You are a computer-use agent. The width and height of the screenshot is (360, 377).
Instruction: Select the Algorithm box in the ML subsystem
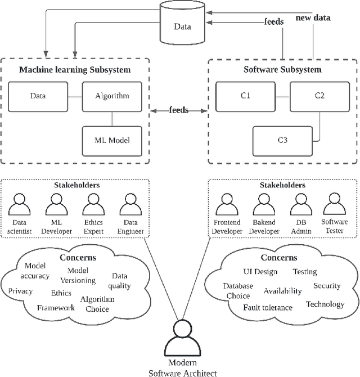coord(112,96)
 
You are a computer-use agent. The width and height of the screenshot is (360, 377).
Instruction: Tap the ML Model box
coord(112,139)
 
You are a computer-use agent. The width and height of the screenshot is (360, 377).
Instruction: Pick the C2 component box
coord(319,96)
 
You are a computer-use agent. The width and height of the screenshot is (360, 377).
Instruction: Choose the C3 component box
coord(281,139)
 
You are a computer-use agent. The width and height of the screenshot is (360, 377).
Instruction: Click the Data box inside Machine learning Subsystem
coord(38,96)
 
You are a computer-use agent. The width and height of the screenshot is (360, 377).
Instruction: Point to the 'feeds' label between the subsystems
coord(178,110)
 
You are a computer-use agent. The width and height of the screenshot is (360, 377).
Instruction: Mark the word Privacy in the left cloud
coord(20,291)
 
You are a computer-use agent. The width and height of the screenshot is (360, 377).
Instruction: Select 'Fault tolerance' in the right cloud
coord(267,307)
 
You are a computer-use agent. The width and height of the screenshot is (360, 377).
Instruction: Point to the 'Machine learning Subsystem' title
coord(75,70)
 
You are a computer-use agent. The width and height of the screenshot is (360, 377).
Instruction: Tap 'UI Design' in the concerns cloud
coord(259,272)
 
